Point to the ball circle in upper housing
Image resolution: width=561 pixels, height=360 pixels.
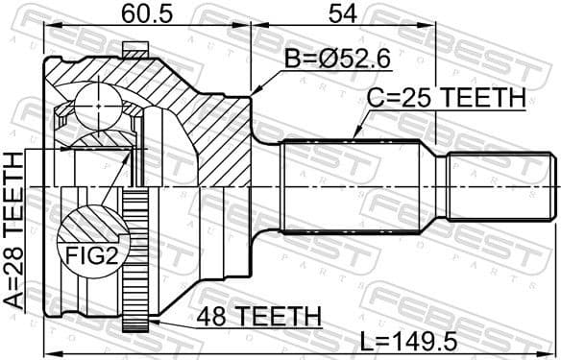pos(96,100)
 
